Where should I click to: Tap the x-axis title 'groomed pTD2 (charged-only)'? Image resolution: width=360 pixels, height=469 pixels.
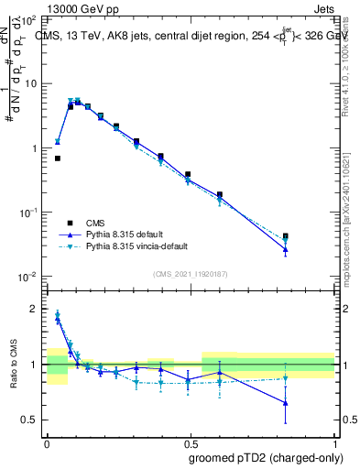point(265,458)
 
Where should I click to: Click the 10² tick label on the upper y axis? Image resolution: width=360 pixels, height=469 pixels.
point(28,19)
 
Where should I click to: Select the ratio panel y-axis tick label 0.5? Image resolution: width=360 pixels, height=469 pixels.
point(30,420)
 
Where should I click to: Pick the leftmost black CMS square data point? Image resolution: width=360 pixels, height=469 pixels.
point(58,158)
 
